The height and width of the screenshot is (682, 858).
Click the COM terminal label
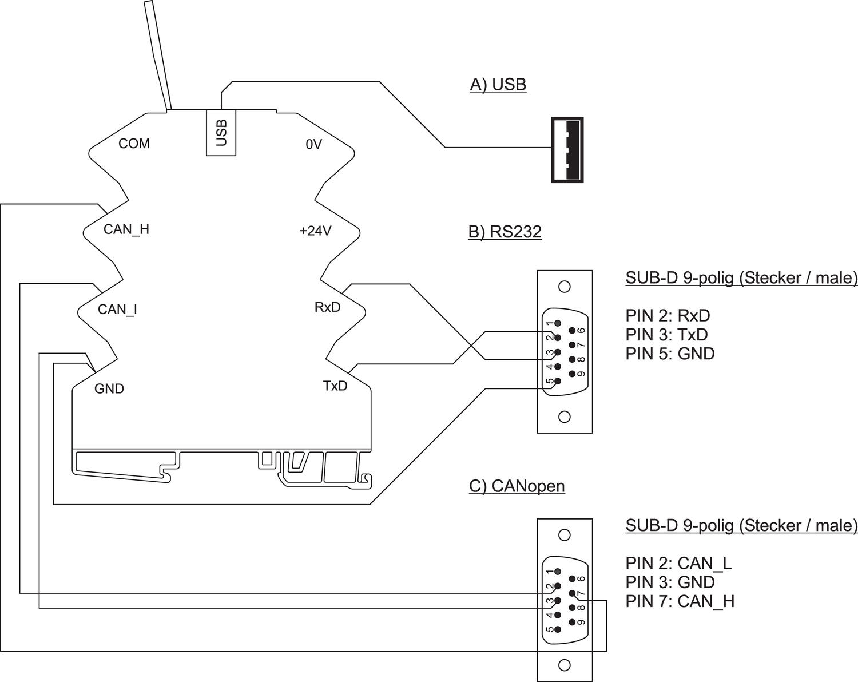pyautogui.click(x=134, y=144)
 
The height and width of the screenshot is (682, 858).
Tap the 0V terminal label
pyautogui.click(x=313, y=145)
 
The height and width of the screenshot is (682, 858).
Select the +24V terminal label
pyautogui.click(x=315, y=231)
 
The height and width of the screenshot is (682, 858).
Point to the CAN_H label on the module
pyautogui.click(x=126, y=229)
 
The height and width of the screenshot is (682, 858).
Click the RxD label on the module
pyautogui.click(x=327, y=307)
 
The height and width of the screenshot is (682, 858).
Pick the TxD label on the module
pyautogui.click(x=335, y=386)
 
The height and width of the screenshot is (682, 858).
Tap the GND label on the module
pyautogui.click(x=109, y=389)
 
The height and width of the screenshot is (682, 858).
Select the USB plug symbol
pyautogui.click(x=567, y=149)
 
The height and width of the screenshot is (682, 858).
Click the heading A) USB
pyautogui.click(x=498, y=85)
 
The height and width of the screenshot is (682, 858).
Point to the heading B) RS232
pyautogui.click(x=505, y=232)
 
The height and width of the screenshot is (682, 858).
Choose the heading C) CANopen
pyautogui.click(x=517, y=486)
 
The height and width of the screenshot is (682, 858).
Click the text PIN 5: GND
pyautogui.click(x=670, y=354)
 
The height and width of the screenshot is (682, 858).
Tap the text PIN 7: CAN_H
pyautogui.click(x=680, y=601)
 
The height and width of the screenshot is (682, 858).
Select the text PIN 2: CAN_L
pyautogui.click(x=678, y=564)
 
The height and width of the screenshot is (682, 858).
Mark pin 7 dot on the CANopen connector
pyautogui.click(x=572, y=593)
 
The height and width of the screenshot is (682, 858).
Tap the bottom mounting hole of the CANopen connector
pyautogui.click(x=565, y=665)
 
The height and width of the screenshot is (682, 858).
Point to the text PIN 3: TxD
pyautogui.click(x=666, y=335)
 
